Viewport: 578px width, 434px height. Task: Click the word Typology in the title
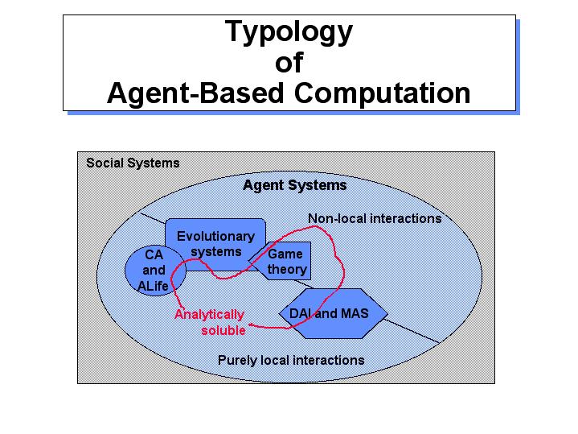click(x=289, y=32)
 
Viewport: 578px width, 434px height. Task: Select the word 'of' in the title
click(x=289, y=63)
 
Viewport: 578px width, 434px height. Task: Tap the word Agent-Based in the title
click(x=195, y=93)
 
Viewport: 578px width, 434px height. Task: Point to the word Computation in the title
click(x=383, y=93)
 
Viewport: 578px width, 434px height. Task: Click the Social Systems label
click(x=133, y=163)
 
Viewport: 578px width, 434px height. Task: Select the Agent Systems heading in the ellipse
click(x=295, y=185)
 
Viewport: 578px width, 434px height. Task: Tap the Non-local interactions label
click(x=375, y=219)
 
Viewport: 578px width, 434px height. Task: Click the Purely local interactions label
click(x=291, y=360)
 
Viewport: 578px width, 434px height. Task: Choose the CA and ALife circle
click(x=155, y=271)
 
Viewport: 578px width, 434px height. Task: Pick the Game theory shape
click(x=280, y=261)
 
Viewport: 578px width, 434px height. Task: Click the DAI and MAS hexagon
click(x=334, y=313)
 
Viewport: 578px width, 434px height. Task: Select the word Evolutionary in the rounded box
click(x=215, y=237)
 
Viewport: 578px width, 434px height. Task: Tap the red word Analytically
click(x=209, y=315)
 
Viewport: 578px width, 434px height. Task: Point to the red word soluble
click(x=223, y=330)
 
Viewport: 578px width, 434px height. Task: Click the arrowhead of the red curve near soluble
click(x=251, y=325)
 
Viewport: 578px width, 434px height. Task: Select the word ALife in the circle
click(x=153, y=286)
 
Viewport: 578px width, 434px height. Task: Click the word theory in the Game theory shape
click(x=287, y=269)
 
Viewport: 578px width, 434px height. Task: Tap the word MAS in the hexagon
click(x=355, y=313)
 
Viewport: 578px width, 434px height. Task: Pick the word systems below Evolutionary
click(x=216, y=252)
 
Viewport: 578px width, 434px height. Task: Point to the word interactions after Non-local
click(x=405, y=219)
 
